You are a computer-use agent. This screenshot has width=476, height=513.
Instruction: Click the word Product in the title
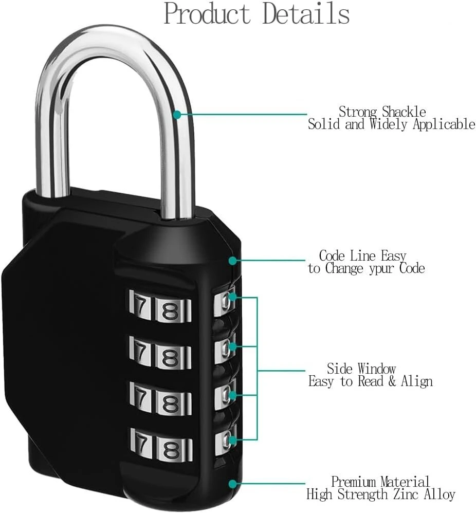click(x=207, y=14)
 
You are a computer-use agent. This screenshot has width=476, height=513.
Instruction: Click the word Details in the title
click(x=306, y=14)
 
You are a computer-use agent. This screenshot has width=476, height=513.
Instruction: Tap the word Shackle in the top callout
click(x=404, y=112)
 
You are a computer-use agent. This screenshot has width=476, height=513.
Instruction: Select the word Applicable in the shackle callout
click(x=444, y=124)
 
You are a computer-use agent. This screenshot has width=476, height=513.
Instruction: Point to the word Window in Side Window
click(x=377, y=369)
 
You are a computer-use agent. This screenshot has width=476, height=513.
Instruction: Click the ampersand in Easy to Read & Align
click(x=392, y=381)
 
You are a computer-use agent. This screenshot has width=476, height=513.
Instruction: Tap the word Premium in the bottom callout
click(x=353, y=482)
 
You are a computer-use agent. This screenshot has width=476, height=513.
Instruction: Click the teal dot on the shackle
click(x=177, y=115)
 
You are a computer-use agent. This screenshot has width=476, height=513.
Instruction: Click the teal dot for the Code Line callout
click(x=232, y=261)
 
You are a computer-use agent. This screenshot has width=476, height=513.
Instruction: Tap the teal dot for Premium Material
click(x=232, y=484)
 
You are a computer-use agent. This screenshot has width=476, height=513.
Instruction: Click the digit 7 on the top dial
click(x=141, y=306)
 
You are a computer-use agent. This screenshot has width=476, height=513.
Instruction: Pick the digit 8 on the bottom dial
click(x=171, y=450)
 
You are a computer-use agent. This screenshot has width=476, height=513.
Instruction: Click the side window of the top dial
click(x=225, y=302)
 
